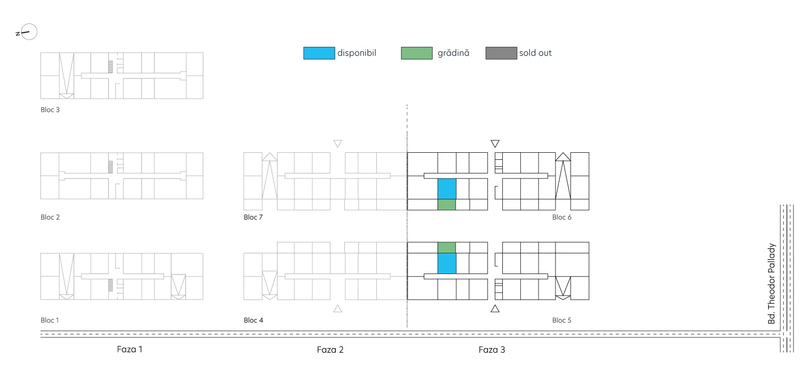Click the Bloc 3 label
(x=50, y=110)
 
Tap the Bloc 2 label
(x=50, y=217)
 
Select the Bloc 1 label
(x=49, y=320)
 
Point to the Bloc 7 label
(x=253, y=217)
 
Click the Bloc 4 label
(x=254, y=320)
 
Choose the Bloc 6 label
(x=562, y=217)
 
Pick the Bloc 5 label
(x=562, y=320)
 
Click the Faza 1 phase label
(x=129, y=349)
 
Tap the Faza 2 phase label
(x=330, y=350)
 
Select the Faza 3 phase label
(x=492, y=350)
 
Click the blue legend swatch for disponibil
(x=319, y=53)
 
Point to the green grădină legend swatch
(x=417, y=53)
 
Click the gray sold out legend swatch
(x=501, y=53)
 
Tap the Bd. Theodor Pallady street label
(x=771, y=283)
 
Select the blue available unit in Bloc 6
(x=447, y=188)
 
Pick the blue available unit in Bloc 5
(x=447, y=263)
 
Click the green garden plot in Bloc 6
(x=447, y=204)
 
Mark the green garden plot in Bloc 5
(x=447, y=248)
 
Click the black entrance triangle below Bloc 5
(x=495, y=309)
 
